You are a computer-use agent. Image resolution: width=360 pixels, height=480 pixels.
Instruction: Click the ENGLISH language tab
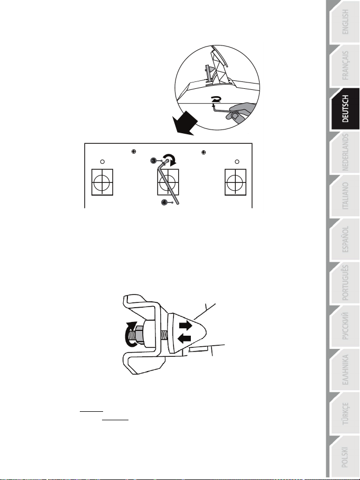coord(344,22)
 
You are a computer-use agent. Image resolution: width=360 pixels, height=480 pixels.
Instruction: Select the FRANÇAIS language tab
coord(344,66)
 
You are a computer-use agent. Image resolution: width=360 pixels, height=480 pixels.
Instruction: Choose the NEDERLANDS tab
coord(344,152)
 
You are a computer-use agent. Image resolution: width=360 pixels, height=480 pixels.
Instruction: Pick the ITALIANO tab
coord(344,196)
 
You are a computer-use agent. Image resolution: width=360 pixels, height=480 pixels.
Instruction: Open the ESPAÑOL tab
coord(344,239)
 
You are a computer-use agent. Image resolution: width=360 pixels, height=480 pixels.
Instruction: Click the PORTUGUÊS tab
coord(344,283)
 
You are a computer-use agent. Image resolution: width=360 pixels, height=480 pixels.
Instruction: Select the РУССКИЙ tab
coord(344,326)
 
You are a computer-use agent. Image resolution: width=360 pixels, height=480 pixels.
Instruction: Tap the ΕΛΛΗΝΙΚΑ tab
coord(344,370)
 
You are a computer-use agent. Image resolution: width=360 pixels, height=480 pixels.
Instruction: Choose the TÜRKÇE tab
coord(344,413)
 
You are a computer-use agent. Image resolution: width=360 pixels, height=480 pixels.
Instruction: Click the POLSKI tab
coord(344,457)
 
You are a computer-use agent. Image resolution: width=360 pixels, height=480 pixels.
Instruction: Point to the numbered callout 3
coord(154,161)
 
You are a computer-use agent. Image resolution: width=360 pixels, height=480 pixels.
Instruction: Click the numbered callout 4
coord(164,202)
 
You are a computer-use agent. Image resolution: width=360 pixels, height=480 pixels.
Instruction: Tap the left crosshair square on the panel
coord(102,182)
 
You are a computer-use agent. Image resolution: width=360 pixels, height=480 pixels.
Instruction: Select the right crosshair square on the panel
coord(235,182)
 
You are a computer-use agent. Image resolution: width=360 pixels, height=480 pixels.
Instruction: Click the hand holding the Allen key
coord(241,111)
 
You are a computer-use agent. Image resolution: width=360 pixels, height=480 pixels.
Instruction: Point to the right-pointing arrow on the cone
coord(186,325)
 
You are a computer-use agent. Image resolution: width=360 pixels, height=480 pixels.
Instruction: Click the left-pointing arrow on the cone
coord(184,338)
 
